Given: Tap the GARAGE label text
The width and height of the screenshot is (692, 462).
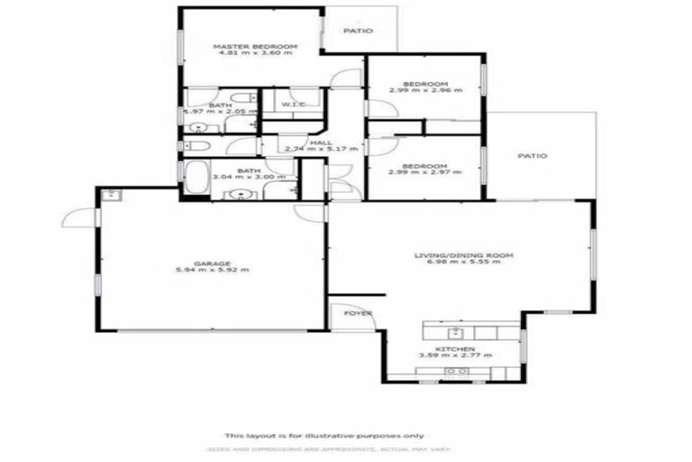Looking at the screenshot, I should point(214,263).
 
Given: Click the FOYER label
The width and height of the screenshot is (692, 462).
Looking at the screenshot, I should point(358,313).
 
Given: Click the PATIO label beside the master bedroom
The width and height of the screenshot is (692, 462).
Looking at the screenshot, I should point(357,31).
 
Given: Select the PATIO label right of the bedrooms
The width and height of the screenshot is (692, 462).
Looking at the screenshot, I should point(532,156).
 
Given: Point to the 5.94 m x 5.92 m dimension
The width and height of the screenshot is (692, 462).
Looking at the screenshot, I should point(214,270).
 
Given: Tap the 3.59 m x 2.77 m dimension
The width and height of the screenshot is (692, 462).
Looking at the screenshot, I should point(455,355).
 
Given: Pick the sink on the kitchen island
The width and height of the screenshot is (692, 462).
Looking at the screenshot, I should point(455,371).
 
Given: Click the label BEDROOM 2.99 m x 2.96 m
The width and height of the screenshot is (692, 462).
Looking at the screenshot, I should point(425,86).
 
